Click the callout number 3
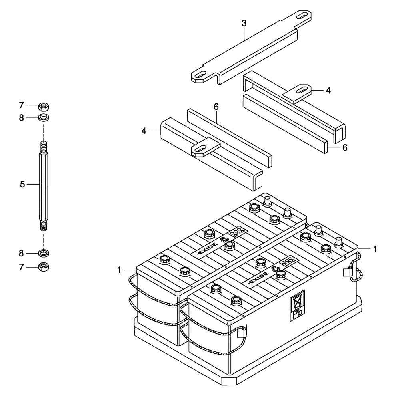244,23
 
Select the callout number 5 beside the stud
22,184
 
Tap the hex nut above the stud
43,107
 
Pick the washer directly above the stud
43,118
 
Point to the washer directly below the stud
43,253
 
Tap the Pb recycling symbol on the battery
297,305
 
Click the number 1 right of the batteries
375,249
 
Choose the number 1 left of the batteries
119,271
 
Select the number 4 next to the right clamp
328,91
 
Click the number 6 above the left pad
216,107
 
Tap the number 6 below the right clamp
344,147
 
